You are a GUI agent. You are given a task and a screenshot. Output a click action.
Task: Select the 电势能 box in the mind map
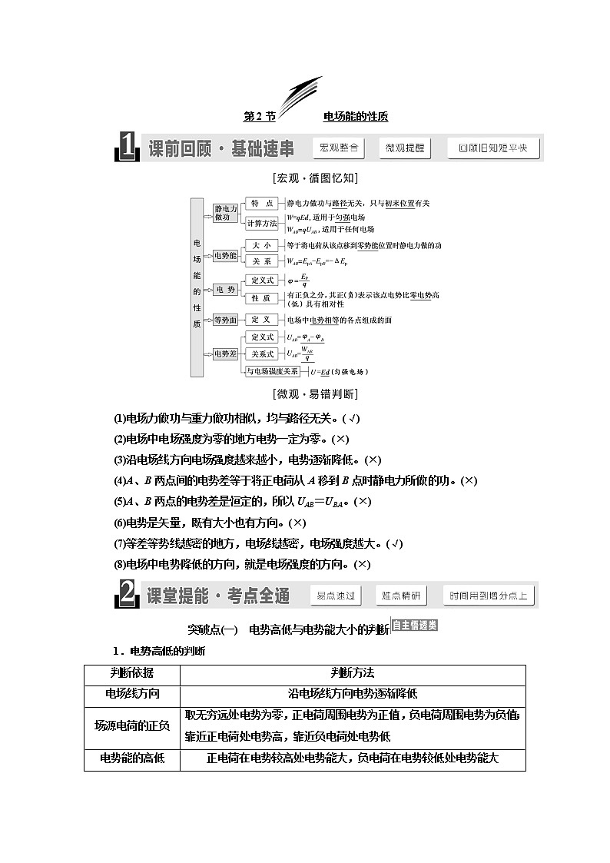[x=225, y=254]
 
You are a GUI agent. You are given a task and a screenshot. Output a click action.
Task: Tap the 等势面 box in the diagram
[x=225, y=320]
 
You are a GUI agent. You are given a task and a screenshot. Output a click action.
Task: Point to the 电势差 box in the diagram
[x=225, y=353]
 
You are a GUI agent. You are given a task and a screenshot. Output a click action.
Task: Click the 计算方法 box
[x=262, y=224]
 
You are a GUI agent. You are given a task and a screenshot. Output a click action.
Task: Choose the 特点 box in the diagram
[x=262, y=204]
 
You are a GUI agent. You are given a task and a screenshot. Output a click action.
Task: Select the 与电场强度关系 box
[x=273, y=371]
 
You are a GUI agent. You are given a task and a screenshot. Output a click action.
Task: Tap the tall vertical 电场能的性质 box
[x=197, y=287]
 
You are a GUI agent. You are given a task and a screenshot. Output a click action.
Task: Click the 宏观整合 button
[x=339, y=148]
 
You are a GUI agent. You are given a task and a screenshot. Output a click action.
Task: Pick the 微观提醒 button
[x=405, y=148]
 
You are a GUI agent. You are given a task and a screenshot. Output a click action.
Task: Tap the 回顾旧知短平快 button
[x=493, y=148]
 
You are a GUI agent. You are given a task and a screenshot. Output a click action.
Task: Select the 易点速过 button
[x=336, y=596]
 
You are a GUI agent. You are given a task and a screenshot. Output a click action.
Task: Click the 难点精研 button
[x=400, y=596]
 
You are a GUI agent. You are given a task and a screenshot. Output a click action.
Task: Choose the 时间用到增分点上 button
[x=489, y=596]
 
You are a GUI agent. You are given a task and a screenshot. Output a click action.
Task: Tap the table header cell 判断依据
[x=131, y=673]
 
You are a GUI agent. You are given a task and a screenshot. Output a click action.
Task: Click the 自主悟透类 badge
[x=415, y=625]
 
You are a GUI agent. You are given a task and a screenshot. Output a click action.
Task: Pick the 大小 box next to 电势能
[x=262, y=245]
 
